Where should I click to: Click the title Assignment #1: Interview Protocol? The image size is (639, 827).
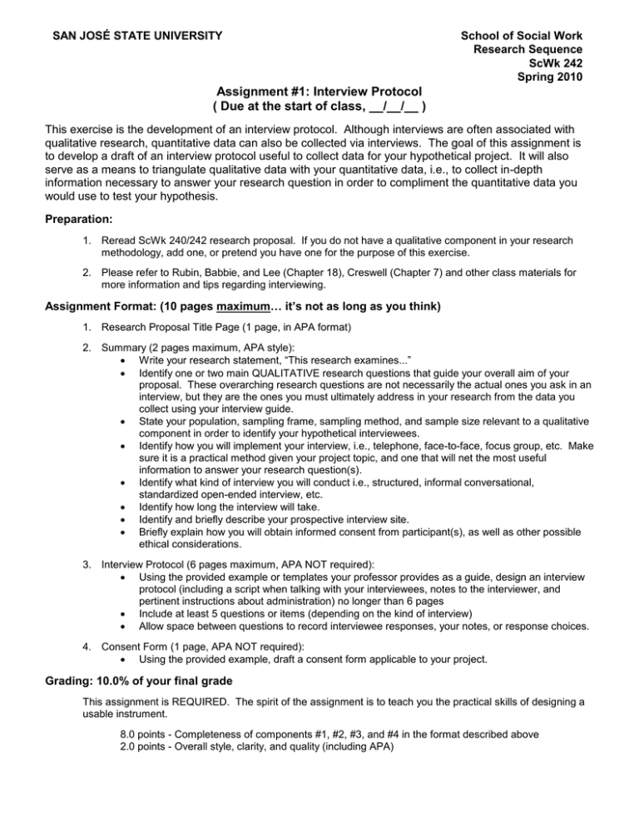319,91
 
